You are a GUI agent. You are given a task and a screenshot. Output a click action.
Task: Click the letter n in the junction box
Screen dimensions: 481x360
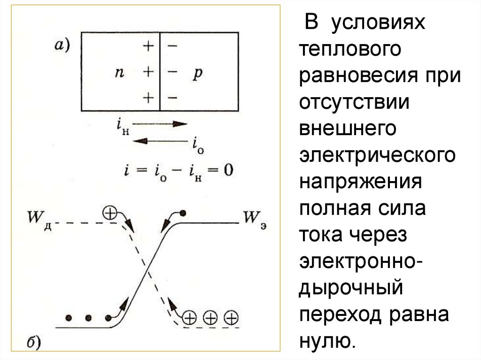pyautogui.click(x=119, y=73)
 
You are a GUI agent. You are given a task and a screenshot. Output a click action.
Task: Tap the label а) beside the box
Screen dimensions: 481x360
pyautogui.click(x=62, y=46)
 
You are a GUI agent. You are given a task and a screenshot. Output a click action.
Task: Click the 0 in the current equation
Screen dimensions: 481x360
pyautogui.click(x=228, y=169)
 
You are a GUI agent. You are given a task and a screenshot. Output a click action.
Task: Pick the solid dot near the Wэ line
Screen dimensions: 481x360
pyautogui.click(x=183, y=213)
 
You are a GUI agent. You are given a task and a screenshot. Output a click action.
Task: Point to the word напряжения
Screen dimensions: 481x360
pyautogui.click(x=359, y=182)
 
